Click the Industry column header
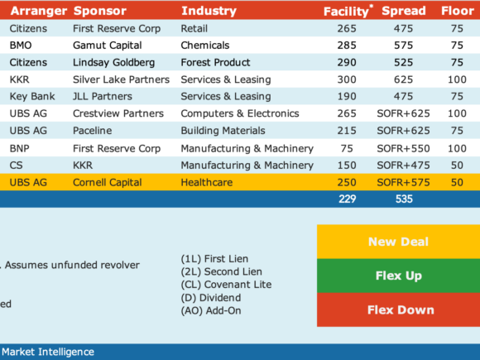(209, 11)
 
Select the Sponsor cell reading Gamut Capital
(107, 46)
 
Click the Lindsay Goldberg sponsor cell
(113, 62)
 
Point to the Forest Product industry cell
(215, 62)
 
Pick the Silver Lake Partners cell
(121, 79)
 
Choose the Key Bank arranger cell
(32, 97)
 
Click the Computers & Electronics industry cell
(240, 113)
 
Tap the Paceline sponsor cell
(92, 131)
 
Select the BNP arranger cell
(20, 148)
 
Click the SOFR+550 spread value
(403, 148)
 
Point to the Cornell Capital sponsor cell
(107, 182)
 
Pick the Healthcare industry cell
(207, 182)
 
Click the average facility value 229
(347, 199)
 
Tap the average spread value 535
(404, 199)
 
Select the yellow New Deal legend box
(398, 242)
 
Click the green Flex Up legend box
(398, 276)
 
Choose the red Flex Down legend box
(398, 310)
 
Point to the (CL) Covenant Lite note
(226, 285)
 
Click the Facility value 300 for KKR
(347, 79)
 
